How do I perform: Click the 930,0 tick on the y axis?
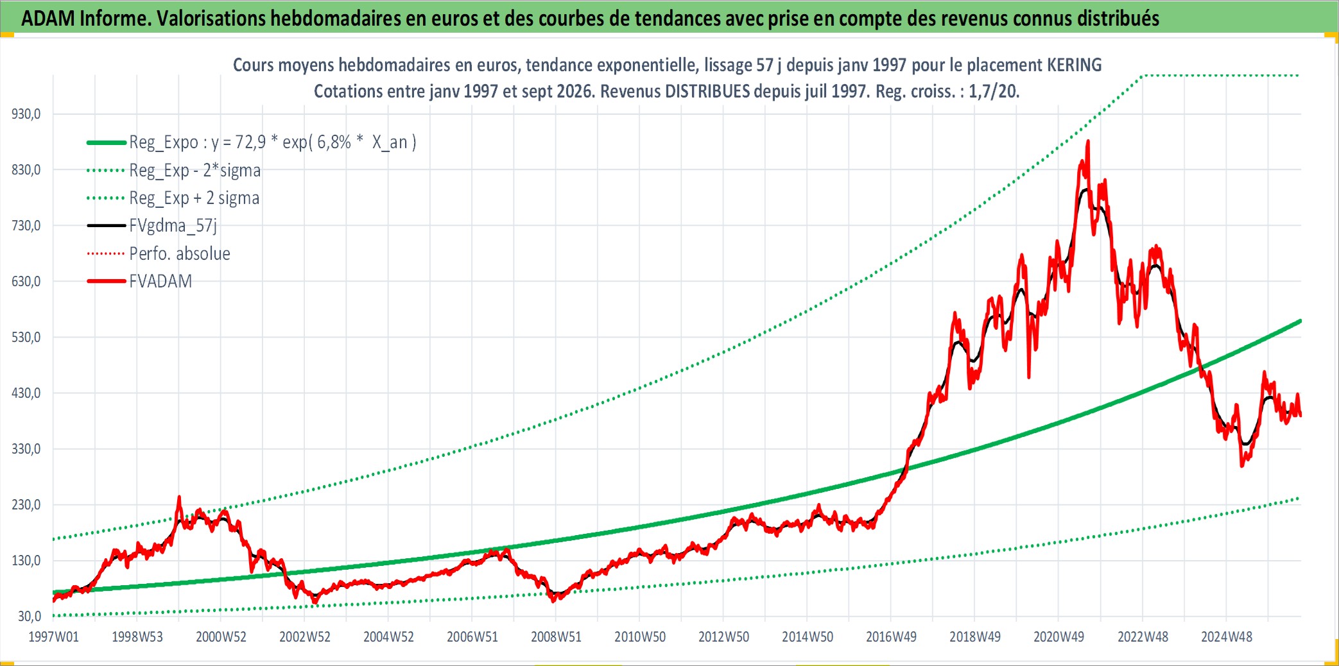click(x=26, y=114)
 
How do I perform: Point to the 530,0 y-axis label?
click(x=26, y=337)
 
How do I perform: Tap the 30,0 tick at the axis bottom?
click(x=30, y=617)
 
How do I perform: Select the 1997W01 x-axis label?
click(x=54, y=637)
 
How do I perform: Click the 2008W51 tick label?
click(x=556, y=637)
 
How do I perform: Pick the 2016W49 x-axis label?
click(x=891, y=637)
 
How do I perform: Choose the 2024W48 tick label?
click(x=1227, y=637)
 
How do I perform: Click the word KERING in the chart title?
click(x=1075, y=65)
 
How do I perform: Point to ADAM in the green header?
click(x=48, y=19)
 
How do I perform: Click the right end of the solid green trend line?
click(x=1300, y=320)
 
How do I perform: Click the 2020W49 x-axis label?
click(x=1058, y=637)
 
